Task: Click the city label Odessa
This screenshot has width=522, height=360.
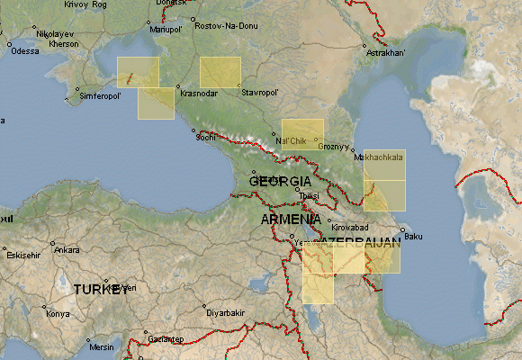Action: click(25, 51)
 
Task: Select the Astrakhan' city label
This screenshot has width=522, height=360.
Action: click(386, 53)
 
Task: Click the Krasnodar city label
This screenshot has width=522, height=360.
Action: click(199, 94)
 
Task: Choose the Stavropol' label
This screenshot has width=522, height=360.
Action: click(260, 92)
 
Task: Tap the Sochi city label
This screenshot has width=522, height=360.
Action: click(206, 138)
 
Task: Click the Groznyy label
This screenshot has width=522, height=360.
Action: click(333, 146)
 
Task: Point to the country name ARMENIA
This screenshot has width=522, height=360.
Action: click(291, 220)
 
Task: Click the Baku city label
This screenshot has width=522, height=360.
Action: click(413, 237)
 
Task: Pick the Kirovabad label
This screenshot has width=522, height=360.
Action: click(353, 226)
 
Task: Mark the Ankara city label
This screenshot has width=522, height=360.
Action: click(67, 250)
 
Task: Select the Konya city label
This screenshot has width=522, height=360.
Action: click(58, 314)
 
